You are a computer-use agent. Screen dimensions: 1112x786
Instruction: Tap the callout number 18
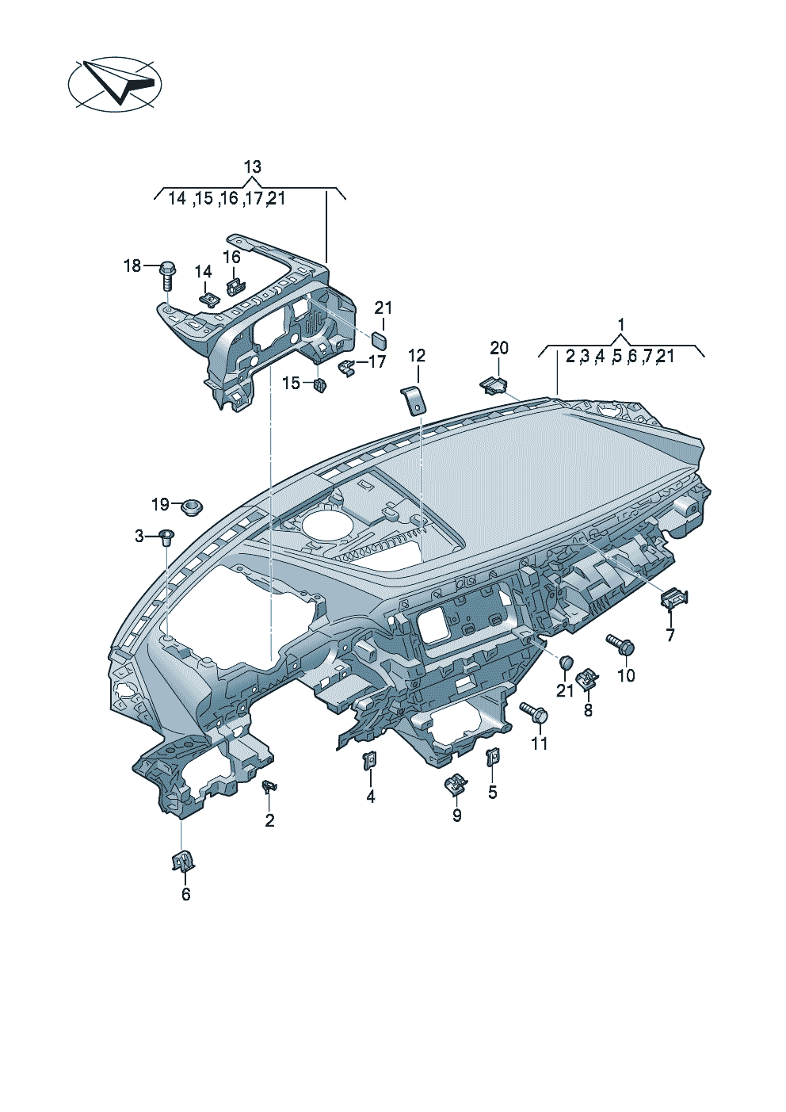132,266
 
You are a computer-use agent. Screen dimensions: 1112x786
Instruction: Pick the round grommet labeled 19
190,506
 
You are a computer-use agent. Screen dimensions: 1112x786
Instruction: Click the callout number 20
499,348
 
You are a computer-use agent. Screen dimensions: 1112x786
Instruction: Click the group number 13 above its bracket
252,167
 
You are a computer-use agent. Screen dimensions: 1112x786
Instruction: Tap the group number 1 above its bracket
621,325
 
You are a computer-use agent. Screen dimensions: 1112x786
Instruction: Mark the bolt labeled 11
534,712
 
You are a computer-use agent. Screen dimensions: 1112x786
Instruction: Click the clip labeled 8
587,679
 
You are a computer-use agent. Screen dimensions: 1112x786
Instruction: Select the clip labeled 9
456,785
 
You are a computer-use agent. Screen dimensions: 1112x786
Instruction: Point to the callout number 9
457,816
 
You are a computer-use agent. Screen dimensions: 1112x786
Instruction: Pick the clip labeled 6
182,860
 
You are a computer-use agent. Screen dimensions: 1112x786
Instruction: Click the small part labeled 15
320,385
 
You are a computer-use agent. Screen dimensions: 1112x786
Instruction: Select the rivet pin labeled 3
166,537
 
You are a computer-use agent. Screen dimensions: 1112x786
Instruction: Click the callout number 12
417,356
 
